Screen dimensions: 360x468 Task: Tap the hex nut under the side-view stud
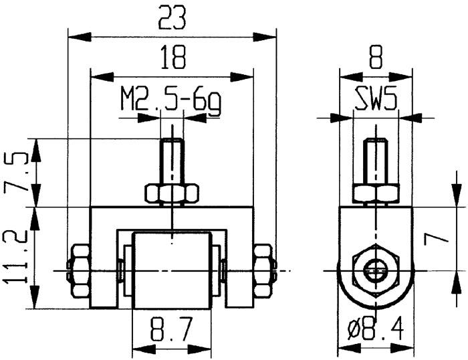376,194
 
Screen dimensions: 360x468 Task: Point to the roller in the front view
172,270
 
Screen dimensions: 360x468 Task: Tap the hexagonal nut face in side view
376,270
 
